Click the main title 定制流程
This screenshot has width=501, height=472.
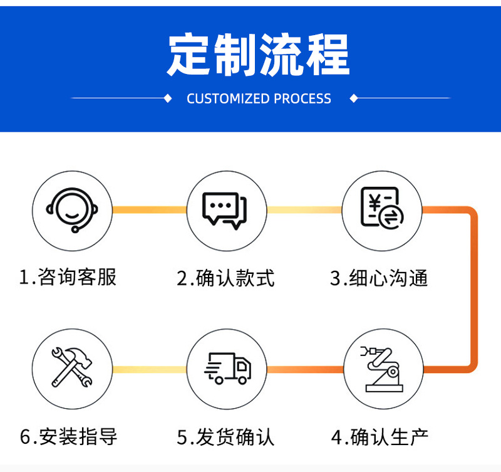(x=258, y=55)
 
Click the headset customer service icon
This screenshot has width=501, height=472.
(x=72, y=210)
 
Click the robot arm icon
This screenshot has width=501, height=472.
(x=382, y=369)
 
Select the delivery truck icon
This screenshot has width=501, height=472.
(x=227, y=369)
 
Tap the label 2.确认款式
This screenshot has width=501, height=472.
(x=225, y=278)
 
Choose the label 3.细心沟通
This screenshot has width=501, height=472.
(x=379, y=278)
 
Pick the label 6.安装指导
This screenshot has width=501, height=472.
(x=68, y=436)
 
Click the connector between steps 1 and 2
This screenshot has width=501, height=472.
(x=149, y=210)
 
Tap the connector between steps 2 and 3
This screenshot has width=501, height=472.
(x=304, y=210)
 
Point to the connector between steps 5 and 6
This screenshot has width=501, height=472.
(x=149, y=369)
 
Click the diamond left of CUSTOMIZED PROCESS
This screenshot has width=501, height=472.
(x=167, y=98)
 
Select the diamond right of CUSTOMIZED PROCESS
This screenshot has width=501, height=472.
(x=353, y=98)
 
